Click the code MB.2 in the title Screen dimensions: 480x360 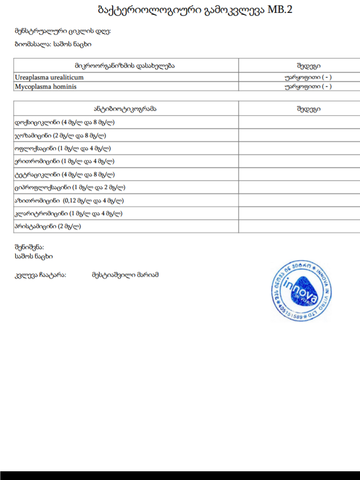pos(279,10)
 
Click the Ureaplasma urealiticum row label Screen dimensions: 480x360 pos(50,77)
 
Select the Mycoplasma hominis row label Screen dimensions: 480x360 pos(46,86)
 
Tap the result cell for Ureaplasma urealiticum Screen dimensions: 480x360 pos(308,77)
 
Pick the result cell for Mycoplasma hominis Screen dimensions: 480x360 pos(308,86)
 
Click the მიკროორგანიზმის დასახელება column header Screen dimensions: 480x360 pos(125,65)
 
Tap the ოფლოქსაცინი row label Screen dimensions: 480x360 pos(63,149)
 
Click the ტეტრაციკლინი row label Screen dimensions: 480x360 pos(65,174)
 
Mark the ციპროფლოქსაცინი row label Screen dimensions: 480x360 pos(70,187)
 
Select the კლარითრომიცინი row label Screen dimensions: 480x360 pos(68,213)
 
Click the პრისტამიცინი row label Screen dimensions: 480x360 pos(48,226)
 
